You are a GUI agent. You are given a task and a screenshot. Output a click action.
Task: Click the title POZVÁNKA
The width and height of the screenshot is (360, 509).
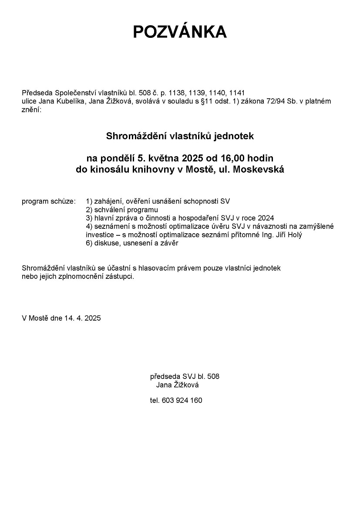tap(180, 32)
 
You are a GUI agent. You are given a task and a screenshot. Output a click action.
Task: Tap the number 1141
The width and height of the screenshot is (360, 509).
tap(237, 93)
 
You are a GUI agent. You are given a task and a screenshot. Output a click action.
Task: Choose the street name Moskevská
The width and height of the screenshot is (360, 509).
tap(259, 170)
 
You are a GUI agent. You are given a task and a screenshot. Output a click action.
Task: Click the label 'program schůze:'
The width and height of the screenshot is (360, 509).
tap(48, 201)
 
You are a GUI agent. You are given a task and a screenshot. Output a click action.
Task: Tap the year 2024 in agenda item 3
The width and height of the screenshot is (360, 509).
tap(265, 218)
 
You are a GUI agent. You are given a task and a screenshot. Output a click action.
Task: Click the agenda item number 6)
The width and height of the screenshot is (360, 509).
tap(89, 244)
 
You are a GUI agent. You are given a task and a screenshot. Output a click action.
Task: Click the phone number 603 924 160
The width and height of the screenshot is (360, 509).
tap(182, 400)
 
